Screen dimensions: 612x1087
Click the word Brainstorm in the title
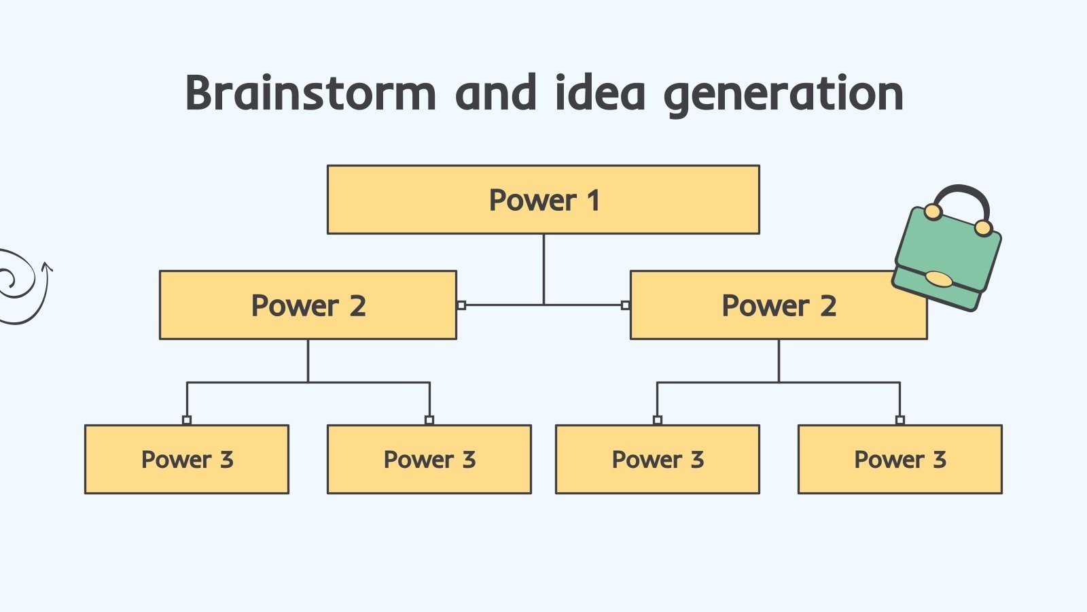point(310,93)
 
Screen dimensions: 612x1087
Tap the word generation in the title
point(783,93)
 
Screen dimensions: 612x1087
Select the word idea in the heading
point(600,93)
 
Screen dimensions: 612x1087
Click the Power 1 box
point(543,200)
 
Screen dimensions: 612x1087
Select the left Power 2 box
point(308,305)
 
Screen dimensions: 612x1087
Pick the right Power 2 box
point(779,305)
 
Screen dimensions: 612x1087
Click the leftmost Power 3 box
point(187,460)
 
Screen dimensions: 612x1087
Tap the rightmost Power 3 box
point(899,460)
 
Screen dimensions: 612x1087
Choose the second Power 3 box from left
point(429,460)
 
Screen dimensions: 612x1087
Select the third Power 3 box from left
point(658,460)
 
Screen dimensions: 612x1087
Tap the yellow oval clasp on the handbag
point(939,279)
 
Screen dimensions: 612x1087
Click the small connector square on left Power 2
point(461,305)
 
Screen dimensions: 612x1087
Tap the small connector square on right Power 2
point(626,305)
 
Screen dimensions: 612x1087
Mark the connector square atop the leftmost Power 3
point(187,420)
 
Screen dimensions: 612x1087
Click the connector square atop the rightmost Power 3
point(899,420)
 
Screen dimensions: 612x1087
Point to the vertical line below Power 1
point(543,269)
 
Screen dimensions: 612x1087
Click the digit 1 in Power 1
point(593,201)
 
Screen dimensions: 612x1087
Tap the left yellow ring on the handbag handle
point(933,212)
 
